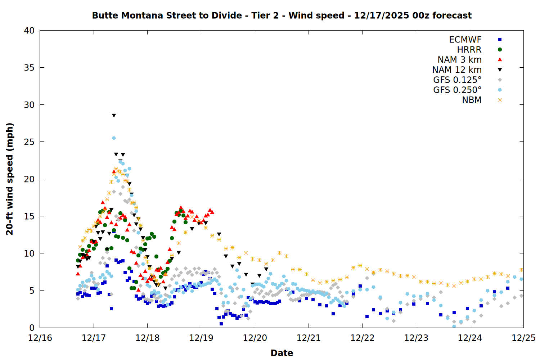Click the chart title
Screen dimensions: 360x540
point(282,15)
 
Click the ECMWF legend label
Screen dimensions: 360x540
point(465,40)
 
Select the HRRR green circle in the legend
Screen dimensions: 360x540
point(500,50)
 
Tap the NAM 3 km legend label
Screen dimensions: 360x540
point(459,60)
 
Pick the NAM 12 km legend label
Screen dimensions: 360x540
point(457,70)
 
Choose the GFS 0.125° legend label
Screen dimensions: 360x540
point(457,80)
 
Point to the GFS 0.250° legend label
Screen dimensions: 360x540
point(457,90)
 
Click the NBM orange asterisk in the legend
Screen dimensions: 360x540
point(500,100)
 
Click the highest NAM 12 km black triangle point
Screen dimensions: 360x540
point(114,116)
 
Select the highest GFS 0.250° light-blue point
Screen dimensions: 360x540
point(114,138)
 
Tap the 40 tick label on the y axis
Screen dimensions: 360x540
point(29,31)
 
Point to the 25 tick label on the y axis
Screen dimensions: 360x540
point(29,142)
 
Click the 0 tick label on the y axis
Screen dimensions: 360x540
point(32,328)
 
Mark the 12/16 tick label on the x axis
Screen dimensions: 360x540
point(40,338)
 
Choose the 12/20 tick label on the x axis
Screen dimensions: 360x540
point(255,338)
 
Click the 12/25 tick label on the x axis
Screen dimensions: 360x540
point(523,338)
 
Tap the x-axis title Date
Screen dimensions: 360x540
point(282,353)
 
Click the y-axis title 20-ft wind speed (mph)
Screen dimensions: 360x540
point(10,179)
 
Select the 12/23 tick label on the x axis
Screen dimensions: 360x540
point(416,338)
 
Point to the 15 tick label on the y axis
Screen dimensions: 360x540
point(29,216)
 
